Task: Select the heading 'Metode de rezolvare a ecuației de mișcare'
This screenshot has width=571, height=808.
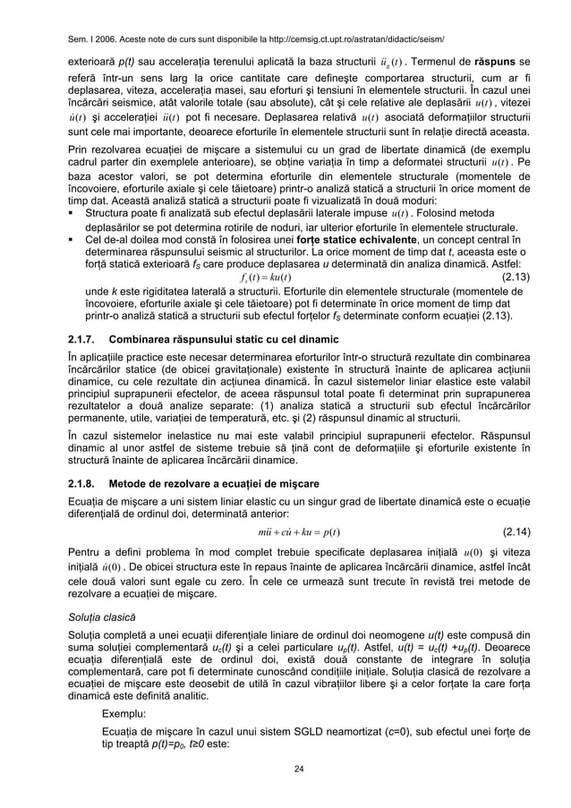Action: (x=212, y=483)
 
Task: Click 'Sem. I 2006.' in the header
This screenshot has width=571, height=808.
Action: (x=91, y=39)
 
